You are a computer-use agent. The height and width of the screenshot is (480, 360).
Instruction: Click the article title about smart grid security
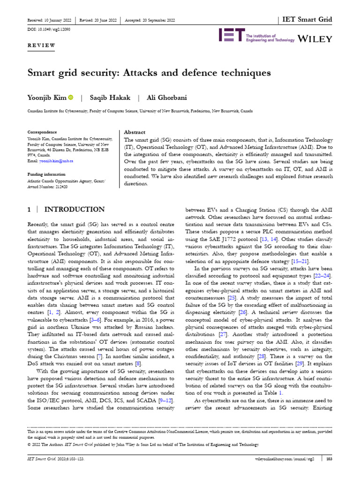tap(149, 73)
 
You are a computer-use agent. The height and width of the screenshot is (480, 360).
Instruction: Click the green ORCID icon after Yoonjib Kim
tap(71, 97)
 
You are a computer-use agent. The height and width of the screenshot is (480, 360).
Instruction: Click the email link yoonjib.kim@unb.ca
tap(56, 161)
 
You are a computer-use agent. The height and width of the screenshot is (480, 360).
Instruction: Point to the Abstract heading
tap(134, 133)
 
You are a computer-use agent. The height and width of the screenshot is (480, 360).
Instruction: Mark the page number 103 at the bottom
tap(329, 459)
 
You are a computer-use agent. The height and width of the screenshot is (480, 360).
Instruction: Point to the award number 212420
tap(60, 186)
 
